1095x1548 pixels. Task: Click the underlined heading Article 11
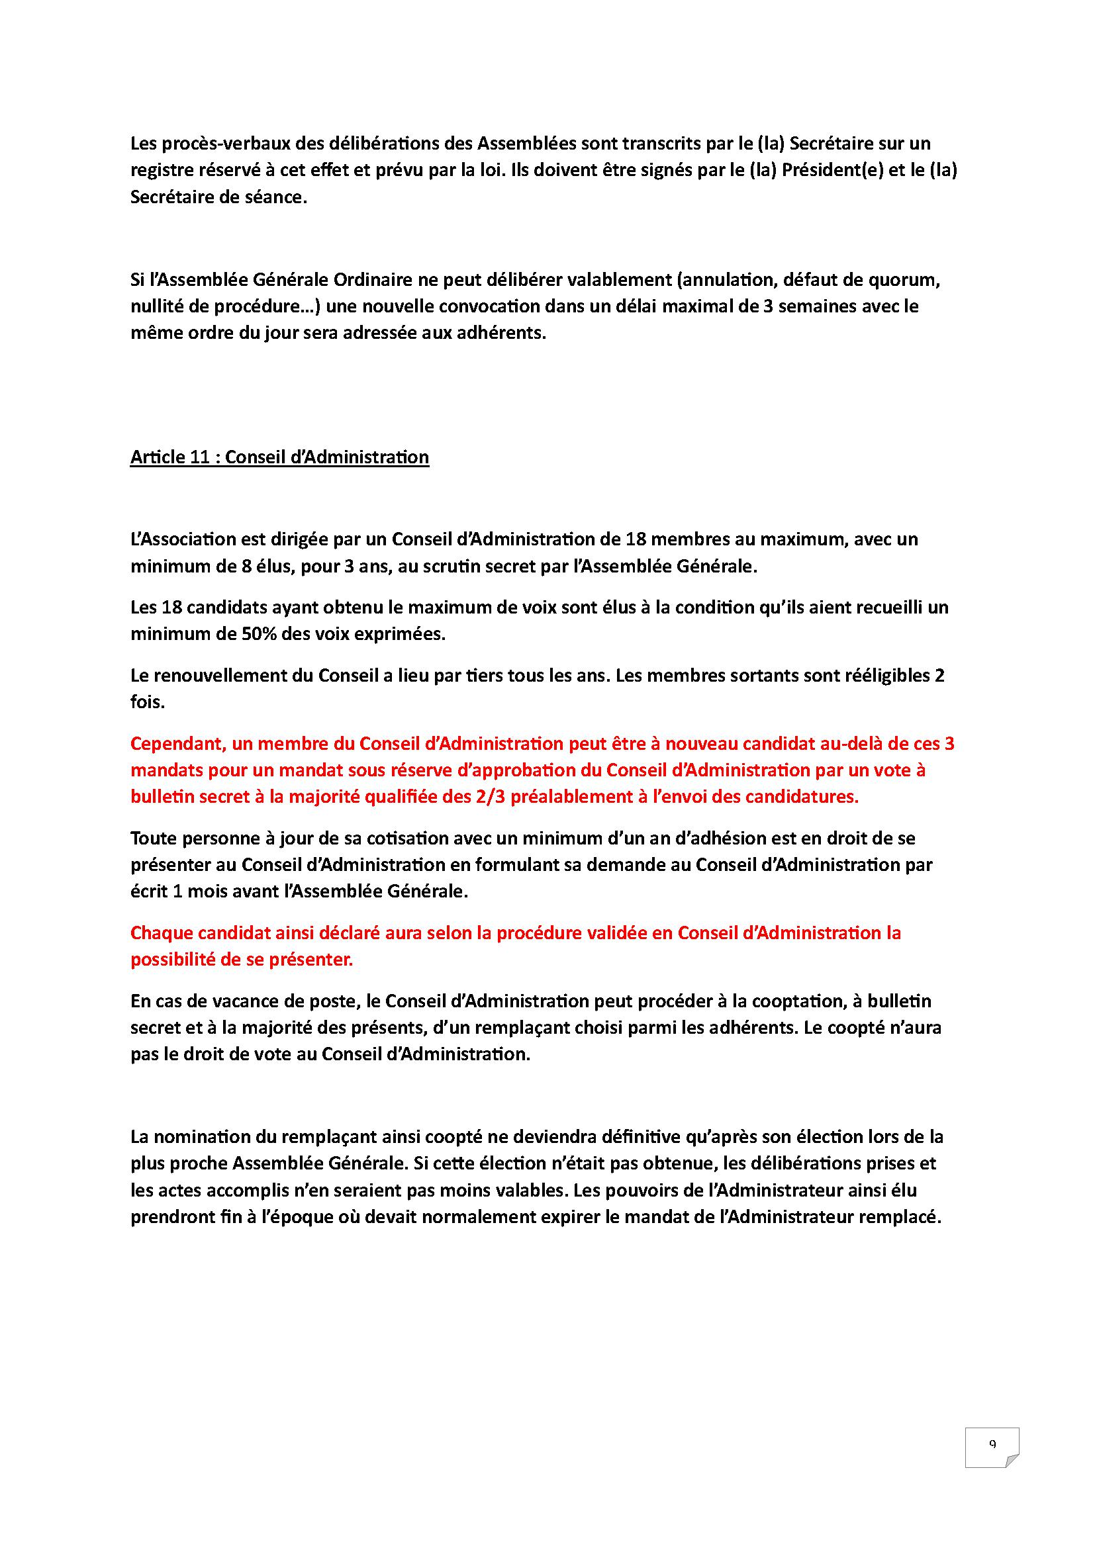click(x=279, y=457)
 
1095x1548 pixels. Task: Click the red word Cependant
click(x=177, y=744)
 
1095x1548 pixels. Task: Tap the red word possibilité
click(x=172, y=960)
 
